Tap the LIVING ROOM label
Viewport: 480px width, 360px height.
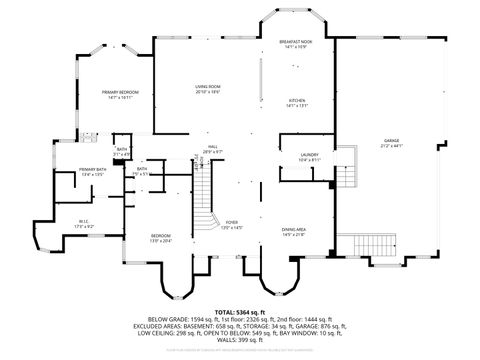click(208, 87)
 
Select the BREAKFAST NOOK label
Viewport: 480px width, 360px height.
click(294, 41)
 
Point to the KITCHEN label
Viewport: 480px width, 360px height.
click(296, 101)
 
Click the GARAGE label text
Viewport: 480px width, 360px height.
click(391, 140)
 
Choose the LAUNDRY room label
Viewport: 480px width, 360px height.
click(308, 154)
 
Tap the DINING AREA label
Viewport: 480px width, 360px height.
click(293, 229)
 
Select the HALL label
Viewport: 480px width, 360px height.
click(213, 146)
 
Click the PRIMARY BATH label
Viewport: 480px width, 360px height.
click(93, 169)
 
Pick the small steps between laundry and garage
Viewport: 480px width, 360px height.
click(344, 173)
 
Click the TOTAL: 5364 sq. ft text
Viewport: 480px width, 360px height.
click(240, 312)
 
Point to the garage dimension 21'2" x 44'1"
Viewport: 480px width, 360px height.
click(391, 145)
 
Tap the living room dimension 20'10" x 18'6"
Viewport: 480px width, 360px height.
click(208, 92)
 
